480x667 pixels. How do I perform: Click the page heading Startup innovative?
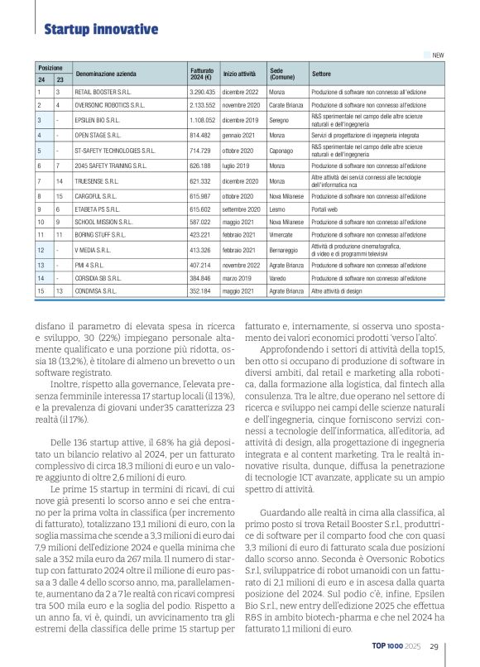(x=100, y=30)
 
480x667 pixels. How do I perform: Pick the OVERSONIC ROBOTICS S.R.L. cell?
(x=109, y=106)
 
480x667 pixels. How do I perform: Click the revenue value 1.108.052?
(x=202, y=120)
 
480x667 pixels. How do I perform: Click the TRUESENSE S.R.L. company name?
(x=99, y=180)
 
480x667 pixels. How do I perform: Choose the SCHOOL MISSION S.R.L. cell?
(x=105, y=223)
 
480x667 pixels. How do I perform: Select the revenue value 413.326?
(x=202, y=249)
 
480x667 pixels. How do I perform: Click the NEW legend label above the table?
(x=438, y=55)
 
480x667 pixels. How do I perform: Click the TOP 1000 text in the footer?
(x=388, y=647)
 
